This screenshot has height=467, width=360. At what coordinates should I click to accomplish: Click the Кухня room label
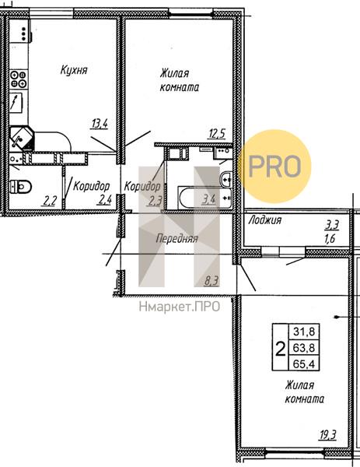[x=74, y=70]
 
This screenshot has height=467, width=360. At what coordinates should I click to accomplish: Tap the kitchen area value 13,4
[x=99, y=123]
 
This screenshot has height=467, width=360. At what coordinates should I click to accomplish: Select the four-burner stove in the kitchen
[x=19, y=79]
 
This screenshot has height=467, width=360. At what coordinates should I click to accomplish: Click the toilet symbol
[x=20, y=187]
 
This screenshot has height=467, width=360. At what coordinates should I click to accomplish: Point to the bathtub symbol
[x=204, y=198]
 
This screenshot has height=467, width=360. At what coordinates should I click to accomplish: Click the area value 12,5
[x=217, y=134]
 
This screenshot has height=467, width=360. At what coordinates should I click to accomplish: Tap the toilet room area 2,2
[x=49, y=201]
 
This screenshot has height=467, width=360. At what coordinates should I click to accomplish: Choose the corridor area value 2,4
[x=104, y=199]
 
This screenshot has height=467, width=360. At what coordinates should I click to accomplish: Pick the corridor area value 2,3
[x=155, y=201]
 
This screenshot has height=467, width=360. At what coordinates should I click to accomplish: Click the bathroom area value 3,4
[x=208, y=198]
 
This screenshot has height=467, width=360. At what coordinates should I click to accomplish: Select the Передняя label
[x=177, y=238]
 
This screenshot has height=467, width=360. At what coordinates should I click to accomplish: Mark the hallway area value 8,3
[x=211, y=280]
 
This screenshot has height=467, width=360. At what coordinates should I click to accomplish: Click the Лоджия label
[x=265, y=220]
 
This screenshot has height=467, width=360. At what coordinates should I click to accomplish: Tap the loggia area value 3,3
[x=331, y=226]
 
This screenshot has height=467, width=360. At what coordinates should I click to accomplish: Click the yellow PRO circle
[x=275, y=167]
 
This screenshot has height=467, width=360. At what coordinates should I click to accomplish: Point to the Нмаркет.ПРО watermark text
[x=180, y=307]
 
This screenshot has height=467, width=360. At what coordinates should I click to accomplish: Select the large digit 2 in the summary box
[x=280, y=349]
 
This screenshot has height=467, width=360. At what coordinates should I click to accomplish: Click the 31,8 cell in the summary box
[x=304, y=332]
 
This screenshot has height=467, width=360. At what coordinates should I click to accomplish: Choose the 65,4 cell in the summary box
[x=304, y=363]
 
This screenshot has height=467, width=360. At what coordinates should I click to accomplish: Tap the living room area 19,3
[x=328, y=435]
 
